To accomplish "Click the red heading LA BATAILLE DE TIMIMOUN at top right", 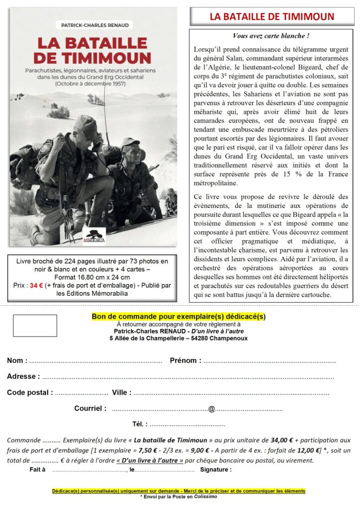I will pos(271,16).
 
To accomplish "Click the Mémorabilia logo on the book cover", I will pos(93,234).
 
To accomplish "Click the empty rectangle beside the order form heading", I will pos(28,326).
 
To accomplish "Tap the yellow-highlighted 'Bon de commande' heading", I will pos(179,317).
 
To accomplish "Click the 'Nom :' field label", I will pos(17,360).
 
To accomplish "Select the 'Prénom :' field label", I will pos(185,360).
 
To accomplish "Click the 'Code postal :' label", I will pos(30,392).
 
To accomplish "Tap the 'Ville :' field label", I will pos(122,392).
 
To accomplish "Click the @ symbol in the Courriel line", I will pos(211,409).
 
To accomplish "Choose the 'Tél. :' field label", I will pos(139,424).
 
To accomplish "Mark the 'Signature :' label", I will pos(215,469).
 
